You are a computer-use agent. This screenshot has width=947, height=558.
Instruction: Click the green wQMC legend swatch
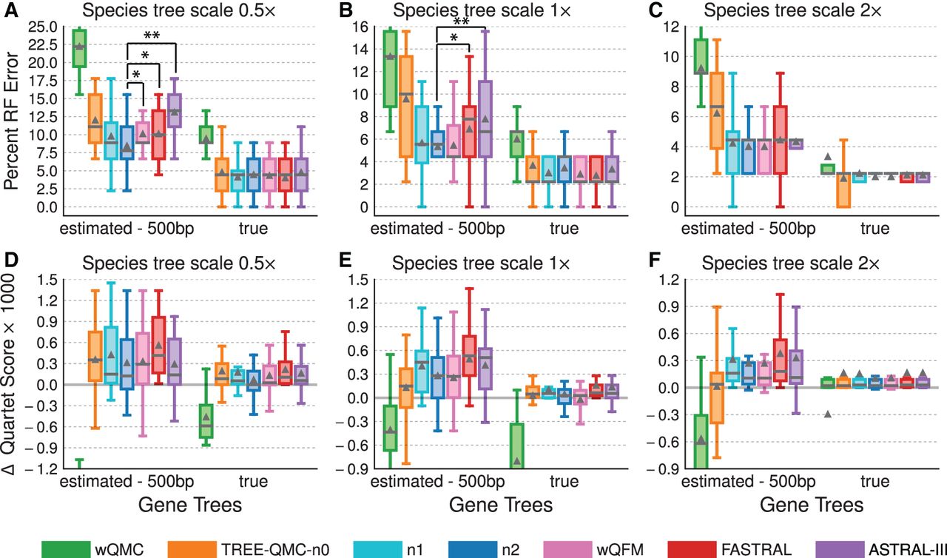coord(66,550)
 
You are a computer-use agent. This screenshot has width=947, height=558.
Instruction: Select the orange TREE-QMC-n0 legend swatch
coord(192,550)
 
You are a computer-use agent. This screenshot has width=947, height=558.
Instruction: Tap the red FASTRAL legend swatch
coord(692,550)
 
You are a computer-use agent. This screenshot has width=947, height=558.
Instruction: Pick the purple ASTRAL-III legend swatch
coord(840,550)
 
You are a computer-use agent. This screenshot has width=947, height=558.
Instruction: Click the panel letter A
coord(11,10)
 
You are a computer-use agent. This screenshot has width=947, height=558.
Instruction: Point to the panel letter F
coord(655,260)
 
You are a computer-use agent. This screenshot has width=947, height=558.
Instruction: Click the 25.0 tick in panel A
coord(43,27)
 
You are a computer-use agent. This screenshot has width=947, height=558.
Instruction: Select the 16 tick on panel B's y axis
coord(360,27)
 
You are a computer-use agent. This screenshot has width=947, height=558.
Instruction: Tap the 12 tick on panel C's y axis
coord(671,27)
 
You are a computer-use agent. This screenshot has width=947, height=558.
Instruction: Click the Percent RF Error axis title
coord(11,121)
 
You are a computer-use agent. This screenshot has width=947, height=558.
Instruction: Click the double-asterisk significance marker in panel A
coord(152,36)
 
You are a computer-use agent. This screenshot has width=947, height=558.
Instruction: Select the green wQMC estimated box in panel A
coord(79,48)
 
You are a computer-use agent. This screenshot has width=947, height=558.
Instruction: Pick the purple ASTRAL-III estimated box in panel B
coord(485,119)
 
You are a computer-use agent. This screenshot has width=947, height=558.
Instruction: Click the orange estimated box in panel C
coord(717,110)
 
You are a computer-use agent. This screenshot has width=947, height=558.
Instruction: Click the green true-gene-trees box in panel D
coord(206,421)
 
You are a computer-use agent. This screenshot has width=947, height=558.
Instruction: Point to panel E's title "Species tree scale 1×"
coord(481,263)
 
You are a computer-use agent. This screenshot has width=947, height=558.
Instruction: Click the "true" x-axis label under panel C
coord(874,228)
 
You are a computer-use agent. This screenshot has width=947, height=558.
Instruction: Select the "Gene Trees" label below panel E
coord(501,505)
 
